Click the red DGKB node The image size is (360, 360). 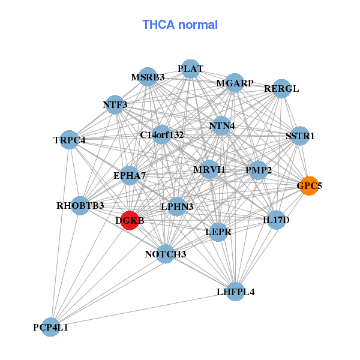tap(130, 220)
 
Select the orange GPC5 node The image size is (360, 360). tap(310, 186)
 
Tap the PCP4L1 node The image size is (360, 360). tap(51, 327)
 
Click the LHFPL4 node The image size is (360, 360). tap(236, 292)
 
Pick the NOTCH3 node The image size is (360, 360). tap(166, 254)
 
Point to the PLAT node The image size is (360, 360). tap(191, 68)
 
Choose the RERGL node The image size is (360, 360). tap(282, 89)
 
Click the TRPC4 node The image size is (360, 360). tap(70, 140)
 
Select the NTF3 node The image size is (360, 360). tap(115, 104)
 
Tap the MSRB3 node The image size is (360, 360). tap(148, 77)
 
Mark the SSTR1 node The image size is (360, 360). tap(300, 136)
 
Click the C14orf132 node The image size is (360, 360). tap(161, 135)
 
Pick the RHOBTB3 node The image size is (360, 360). tap(80, 206)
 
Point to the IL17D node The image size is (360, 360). tap(277, 220)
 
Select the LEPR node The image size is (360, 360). tap(218, 232)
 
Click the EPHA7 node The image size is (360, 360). tap(130, 176)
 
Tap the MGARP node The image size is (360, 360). tap(235, 83)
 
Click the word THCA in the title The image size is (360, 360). tap(158, 25)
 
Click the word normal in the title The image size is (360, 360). tap(198, 25)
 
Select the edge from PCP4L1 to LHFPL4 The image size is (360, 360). tap(143, 310)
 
